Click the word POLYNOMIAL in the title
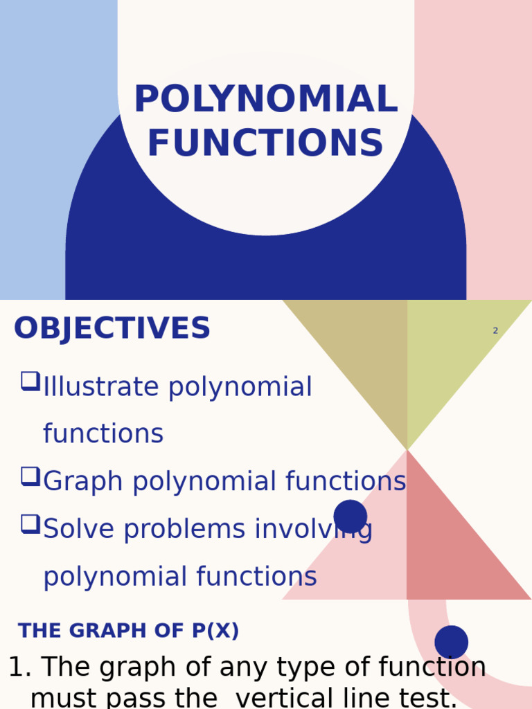coord(265,100)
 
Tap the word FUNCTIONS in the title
coord(265,144)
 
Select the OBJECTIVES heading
coord(112,329)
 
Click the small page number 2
coord(495,331)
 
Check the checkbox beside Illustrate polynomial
coord(30,381)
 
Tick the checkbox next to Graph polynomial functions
coord(30,476)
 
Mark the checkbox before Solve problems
coord(30,523)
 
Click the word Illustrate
coord(102,387)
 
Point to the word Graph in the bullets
coord(83,482)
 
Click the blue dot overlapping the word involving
coord(351,517)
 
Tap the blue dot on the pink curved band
coord(452,642)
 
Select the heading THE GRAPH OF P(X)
coord(128,631)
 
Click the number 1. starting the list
coord(19,668)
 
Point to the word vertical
coord(291,698)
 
